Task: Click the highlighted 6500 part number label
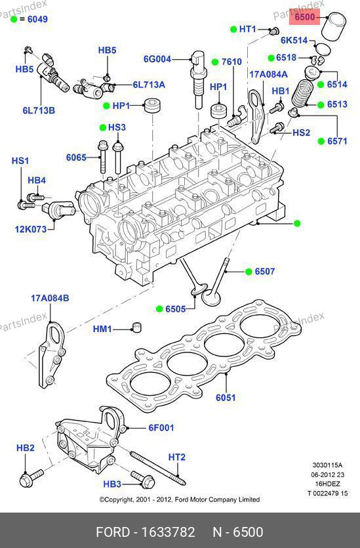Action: (304, 17)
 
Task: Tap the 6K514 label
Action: (294, 41)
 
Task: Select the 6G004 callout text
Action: (157, 59)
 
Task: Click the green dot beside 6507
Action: (249, 272)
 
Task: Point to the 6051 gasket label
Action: (226, 398)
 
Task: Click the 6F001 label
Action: (161, 427)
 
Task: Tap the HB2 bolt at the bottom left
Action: (31, 478)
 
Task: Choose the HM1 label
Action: (102, 329)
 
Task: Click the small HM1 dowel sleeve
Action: (136, 327)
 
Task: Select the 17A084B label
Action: (50, 298)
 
